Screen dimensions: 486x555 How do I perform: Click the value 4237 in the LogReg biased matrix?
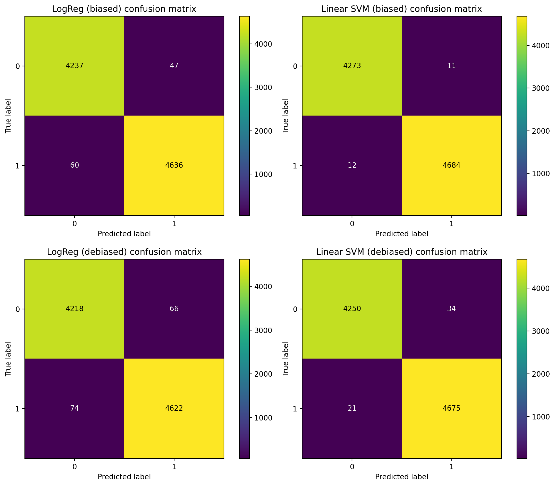click(x=74, y=66)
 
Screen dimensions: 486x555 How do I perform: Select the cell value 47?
click(x=174, y=66)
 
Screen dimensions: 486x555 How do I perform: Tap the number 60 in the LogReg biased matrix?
click(x=74, y=165)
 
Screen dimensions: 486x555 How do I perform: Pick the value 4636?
click(x=174, y=165)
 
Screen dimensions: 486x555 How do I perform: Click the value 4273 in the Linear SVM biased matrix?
click(x=352, y=66)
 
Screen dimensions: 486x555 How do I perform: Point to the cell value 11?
click(x=451, y=66)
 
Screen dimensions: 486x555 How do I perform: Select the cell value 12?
click(x=352, y=165)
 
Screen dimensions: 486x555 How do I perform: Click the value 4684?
click(x=451, y=165)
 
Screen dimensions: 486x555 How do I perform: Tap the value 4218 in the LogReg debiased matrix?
click(x=74, y=309)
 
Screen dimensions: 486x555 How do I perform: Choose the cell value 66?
click(x=174, y=309)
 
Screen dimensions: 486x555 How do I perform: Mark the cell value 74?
click(x=74, y=408)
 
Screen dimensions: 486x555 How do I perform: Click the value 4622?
click(x=174, y=408)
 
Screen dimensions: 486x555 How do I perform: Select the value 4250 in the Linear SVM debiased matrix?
click(x=352, y=309)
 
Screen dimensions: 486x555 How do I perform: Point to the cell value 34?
click(x=451, y=309)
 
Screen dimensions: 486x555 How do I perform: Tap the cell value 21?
click(x=352, y=408)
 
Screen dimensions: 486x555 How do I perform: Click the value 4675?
click(x=451, y=408)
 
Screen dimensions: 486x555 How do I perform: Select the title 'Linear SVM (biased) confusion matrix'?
click(x=401, y=9)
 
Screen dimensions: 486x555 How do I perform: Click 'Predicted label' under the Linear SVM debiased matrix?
click(x=401, y=477)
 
